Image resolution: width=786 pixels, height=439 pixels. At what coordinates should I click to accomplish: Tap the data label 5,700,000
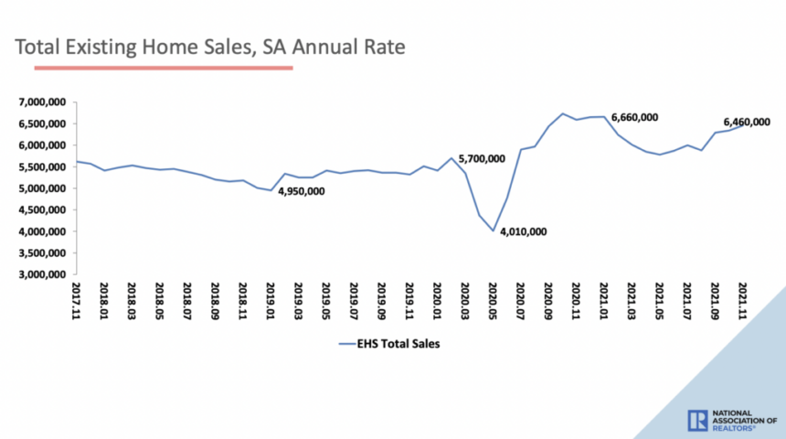(481, 158)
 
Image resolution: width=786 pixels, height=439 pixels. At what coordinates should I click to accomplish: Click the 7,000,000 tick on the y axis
(40, 102)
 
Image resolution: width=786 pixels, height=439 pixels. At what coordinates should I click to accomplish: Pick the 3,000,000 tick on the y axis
(40, 274)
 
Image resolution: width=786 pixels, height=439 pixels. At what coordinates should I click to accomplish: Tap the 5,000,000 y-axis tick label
(40, 188)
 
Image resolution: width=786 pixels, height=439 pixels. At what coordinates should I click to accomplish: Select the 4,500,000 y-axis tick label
(40, 210)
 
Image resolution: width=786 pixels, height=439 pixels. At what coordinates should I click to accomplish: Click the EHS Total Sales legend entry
(394, 345)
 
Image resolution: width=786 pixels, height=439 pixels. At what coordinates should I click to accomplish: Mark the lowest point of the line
(493, 230)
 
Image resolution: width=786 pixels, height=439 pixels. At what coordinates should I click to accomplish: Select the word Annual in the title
(296, 45)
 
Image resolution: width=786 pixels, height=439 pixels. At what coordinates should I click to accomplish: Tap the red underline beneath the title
(164, 67)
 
